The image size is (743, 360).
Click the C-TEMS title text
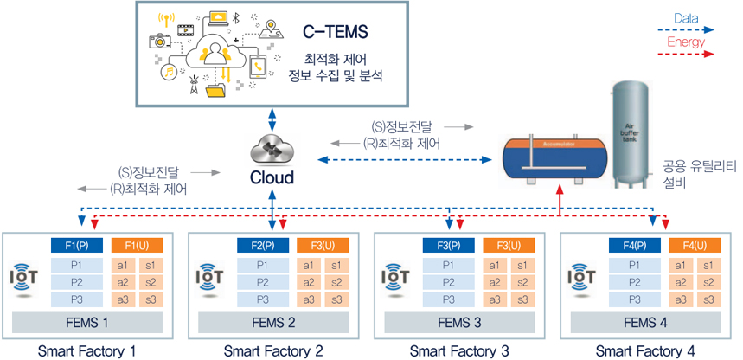[x=336, y=33]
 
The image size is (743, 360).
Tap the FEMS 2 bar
[x=272, y=323]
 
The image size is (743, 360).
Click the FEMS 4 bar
[x=644, y=323]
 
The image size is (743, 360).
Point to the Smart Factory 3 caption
[x=459, y=350]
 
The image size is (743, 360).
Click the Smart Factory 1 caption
[x=87, y=350]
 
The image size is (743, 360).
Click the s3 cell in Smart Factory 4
[x=708, y=299]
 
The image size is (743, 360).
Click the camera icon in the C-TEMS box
[x=159, y=41]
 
